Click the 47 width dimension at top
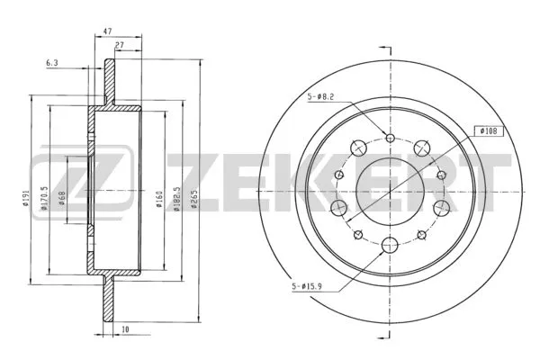click(x=108, y=31)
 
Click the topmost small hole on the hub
click(x=390, y=137)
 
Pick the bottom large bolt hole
click(x=390, y=243)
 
